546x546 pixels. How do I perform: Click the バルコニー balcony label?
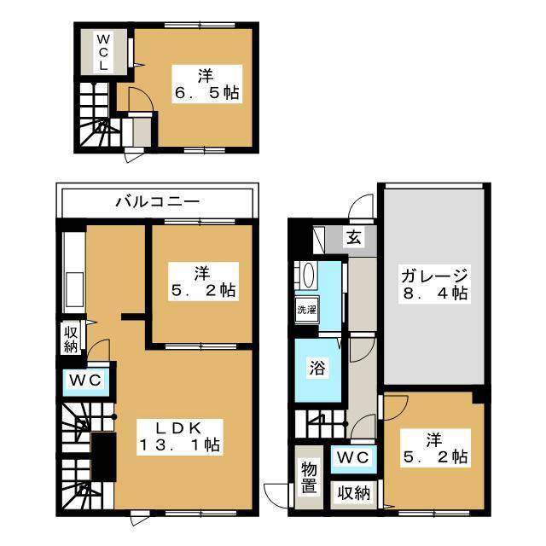(x=157, y=203)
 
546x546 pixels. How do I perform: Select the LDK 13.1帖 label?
(x=181, y=436)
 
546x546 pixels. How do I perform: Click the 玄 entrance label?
(x=352, y=237)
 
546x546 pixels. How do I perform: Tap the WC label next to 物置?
(x=351, y=458)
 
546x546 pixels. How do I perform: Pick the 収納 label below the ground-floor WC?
(x=351, y=492)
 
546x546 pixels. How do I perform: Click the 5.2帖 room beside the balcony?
(x=201, y=282)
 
